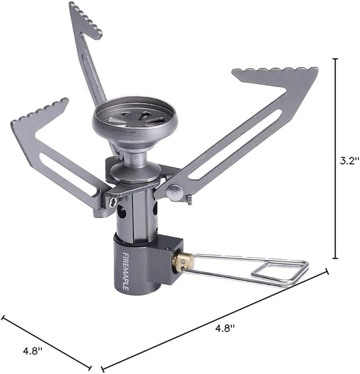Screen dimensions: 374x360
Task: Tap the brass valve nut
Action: [x=184, y=261]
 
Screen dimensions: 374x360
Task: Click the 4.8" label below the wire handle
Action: [x=224, y=328]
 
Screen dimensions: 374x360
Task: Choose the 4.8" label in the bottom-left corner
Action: [x=32, y=351]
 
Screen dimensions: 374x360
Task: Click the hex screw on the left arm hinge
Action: [x=112, y=202]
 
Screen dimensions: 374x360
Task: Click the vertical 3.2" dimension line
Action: [x=335, y=159]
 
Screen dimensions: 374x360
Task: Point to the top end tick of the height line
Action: [x=335, y=59]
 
